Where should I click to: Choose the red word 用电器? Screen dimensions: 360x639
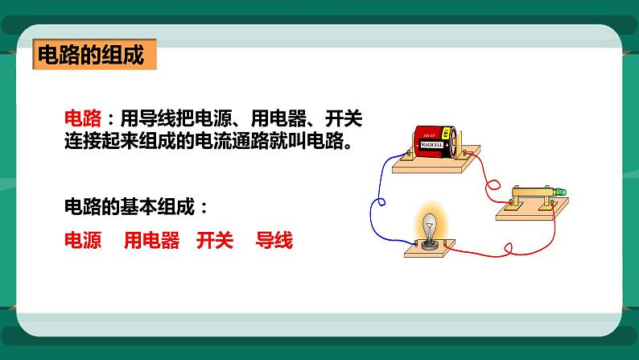tap(151, 241)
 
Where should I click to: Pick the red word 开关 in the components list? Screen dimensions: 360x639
tap(214, 241)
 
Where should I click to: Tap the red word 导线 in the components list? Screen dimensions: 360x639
tap(274, 241)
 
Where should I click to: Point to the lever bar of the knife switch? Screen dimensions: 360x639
tap(531, 191)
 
